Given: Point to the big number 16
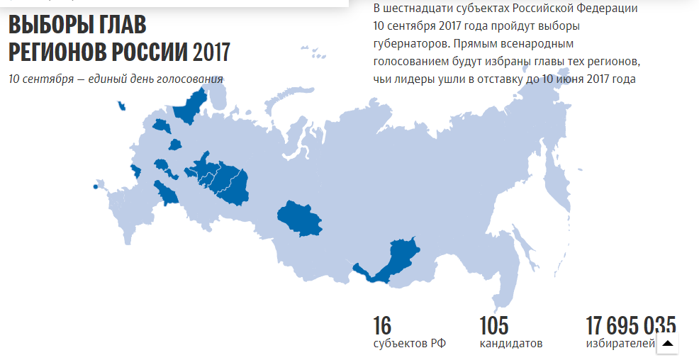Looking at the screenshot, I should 382,326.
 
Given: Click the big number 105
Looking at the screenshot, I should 494,326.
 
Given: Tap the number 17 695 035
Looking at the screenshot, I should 630,326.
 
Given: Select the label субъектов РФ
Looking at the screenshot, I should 410,344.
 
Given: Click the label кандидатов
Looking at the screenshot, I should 511,344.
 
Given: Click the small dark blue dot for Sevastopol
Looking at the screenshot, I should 94,187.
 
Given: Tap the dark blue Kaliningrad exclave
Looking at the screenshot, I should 123,106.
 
